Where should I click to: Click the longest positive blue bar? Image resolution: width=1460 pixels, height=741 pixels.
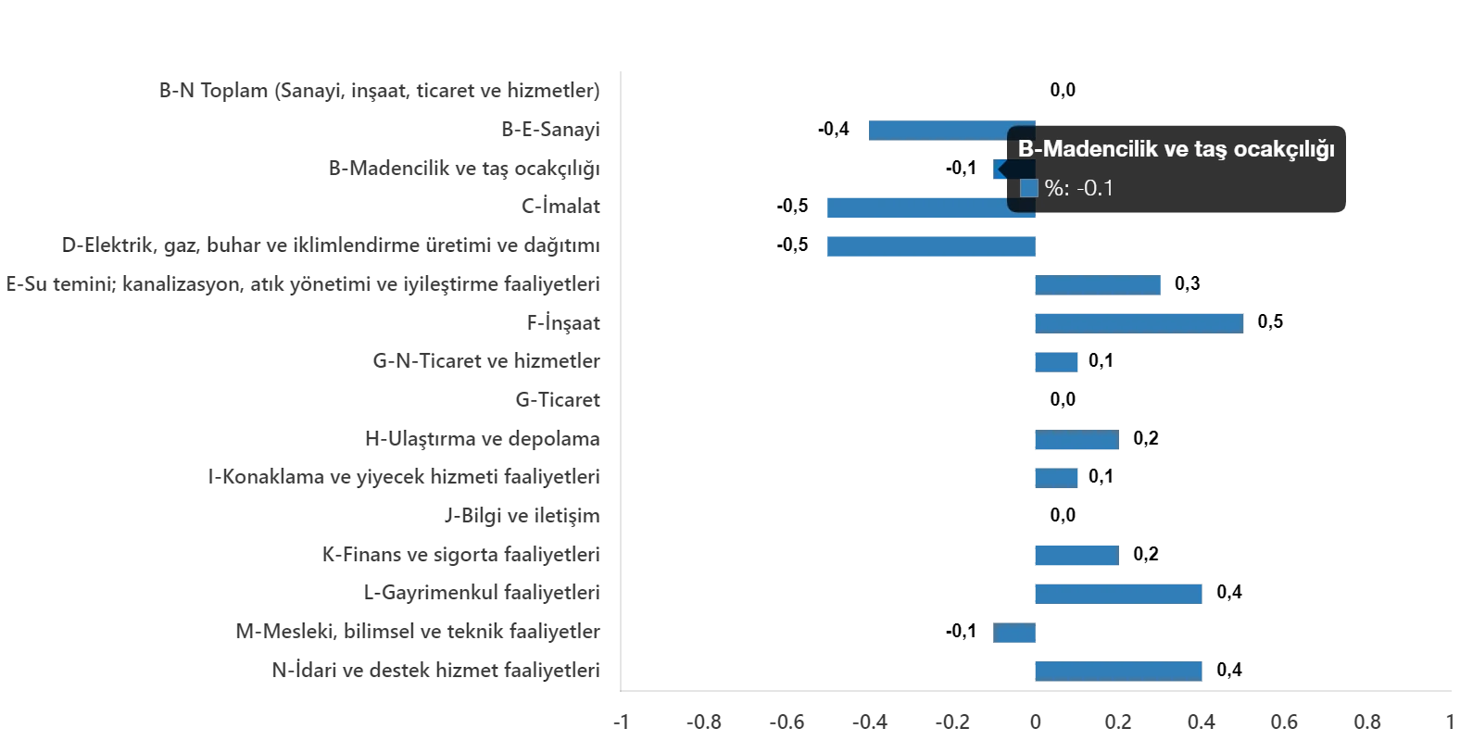click(1138, 322)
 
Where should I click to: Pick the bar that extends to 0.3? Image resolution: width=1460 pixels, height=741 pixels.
click(1097, 284)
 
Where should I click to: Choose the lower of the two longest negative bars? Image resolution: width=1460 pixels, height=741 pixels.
click(930, 245)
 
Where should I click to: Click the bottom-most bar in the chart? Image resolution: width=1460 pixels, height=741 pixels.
click(1118, 671)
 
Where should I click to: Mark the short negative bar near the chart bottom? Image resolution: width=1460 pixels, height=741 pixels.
click(1014, 634)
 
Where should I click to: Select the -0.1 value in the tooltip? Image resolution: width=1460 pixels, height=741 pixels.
click(1095, 188)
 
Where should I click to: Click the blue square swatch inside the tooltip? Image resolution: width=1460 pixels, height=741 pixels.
click(1028, 188)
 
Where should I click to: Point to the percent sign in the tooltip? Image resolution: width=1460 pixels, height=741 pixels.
click(1054, 188)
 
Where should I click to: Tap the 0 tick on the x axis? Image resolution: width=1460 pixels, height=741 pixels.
click(1037, 722)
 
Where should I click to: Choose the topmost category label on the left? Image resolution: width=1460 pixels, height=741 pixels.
click(378, 93)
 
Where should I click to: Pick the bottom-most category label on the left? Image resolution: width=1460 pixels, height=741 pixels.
click(434, 671)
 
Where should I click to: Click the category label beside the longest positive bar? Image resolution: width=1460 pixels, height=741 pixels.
click(563, 323)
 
